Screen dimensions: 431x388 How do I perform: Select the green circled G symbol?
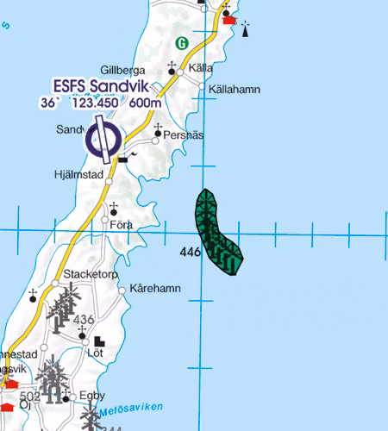182,42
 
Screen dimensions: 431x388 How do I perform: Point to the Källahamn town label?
232,88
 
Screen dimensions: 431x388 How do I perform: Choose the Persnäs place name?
182,135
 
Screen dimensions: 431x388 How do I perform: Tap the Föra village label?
121,225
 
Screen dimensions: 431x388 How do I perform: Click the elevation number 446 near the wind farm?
191,253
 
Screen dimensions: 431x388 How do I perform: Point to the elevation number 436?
84,320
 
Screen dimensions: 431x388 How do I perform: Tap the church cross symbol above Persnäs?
158,127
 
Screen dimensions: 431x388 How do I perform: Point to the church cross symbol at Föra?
113,207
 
